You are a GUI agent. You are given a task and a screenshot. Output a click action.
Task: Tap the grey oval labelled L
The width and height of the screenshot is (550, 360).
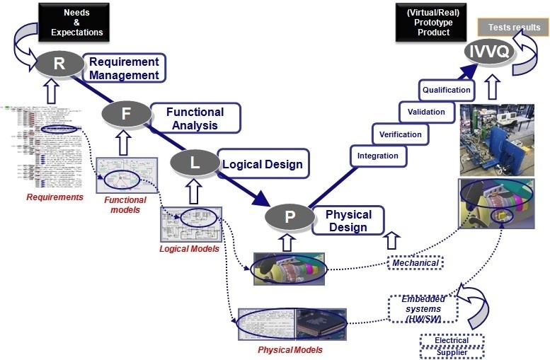tap(194, 163)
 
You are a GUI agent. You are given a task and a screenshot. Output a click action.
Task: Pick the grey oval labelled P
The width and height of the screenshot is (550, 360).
tap(289, 216)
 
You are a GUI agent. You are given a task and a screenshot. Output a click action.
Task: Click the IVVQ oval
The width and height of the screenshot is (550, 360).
tap(488, 50)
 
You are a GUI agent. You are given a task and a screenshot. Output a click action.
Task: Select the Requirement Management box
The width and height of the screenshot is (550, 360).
tap(124, 69)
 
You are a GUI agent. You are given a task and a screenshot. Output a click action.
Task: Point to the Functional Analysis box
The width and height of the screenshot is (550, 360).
tap(195, 119)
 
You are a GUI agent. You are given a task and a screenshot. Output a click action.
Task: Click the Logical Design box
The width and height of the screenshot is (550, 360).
tap(262, 164)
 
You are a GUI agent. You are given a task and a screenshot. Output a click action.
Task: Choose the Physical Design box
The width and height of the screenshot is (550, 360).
tap(348, 221)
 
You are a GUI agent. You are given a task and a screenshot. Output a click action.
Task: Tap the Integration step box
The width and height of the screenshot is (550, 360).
tap(377, 156)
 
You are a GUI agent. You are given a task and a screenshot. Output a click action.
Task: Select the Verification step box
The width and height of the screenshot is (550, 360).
tap(400, 134)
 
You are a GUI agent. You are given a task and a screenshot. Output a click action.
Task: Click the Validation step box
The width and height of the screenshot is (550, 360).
tap(426, 112)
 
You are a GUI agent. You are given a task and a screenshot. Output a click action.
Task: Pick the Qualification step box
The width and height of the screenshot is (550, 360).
tap(447, 90)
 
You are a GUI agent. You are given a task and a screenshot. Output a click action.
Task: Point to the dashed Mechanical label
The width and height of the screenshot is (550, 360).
tap(415, 263)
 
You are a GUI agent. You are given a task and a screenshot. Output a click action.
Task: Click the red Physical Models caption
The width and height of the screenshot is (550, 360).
tap(290, 349)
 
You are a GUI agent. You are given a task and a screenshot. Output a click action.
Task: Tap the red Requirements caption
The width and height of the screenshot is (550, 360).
tap(55, 197)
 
